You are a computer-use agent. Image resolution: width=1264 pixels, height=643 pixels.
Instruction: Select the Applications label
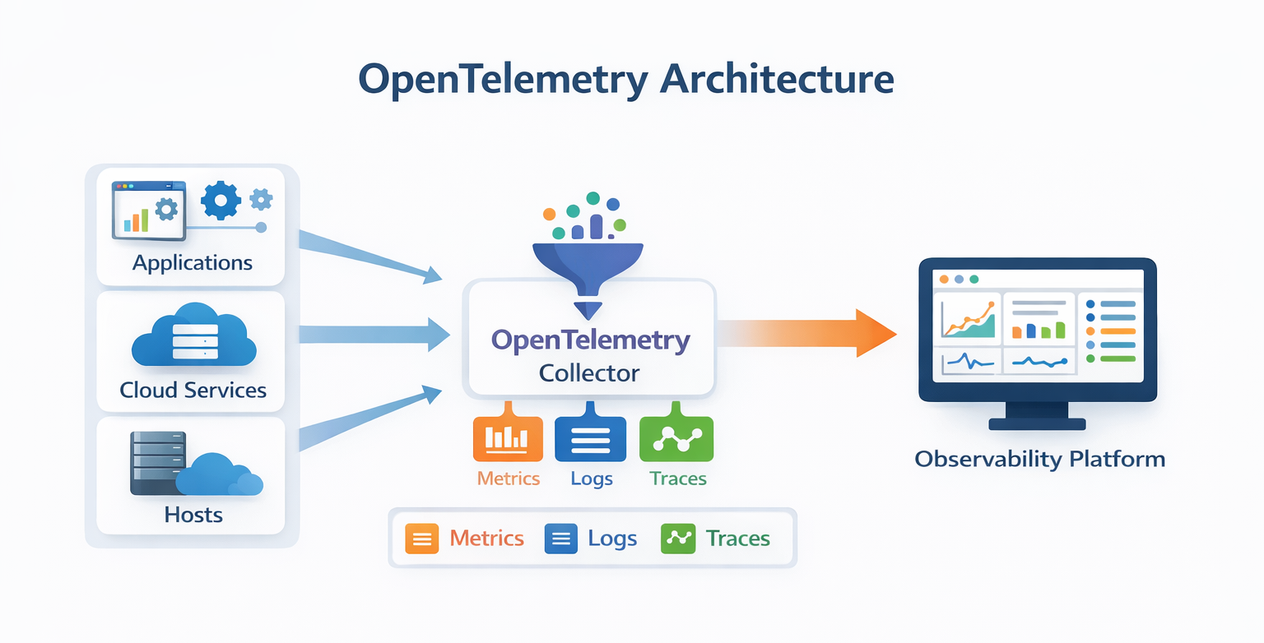193,263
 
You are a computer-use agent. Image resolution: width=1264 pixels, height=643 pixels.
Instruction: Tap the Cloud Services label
193,389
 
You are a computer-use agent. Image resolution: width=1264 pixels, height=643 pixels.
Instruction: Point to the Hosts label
193,515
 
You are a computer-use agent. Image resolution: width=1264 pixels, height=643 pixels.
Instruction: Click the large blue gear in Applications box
220,201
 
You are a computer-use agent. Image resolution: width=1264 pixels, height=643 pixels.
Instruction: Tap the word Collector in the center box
589,373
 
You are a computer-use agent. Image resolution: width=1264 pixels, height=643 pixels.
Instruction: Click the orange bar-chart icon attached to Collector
508,438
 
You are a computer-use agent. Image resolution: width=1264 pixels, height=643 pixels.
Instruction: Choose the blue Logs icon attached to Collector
591,438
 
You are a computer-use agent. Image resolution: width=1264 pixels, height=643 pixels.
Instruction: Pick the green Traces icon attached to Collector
676,438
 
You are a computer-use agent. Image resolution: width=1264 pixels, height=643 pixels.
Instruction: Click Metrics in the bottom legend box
486,539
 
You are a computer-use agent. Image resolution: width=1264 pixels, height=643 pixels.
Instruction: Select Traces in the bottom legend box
737,539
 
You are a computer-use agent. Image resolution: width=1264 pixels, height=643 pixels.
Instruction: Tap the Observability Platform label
1039,459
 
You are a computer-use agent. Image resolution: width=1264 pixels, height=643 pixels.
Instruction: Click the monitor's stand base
1037,424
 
